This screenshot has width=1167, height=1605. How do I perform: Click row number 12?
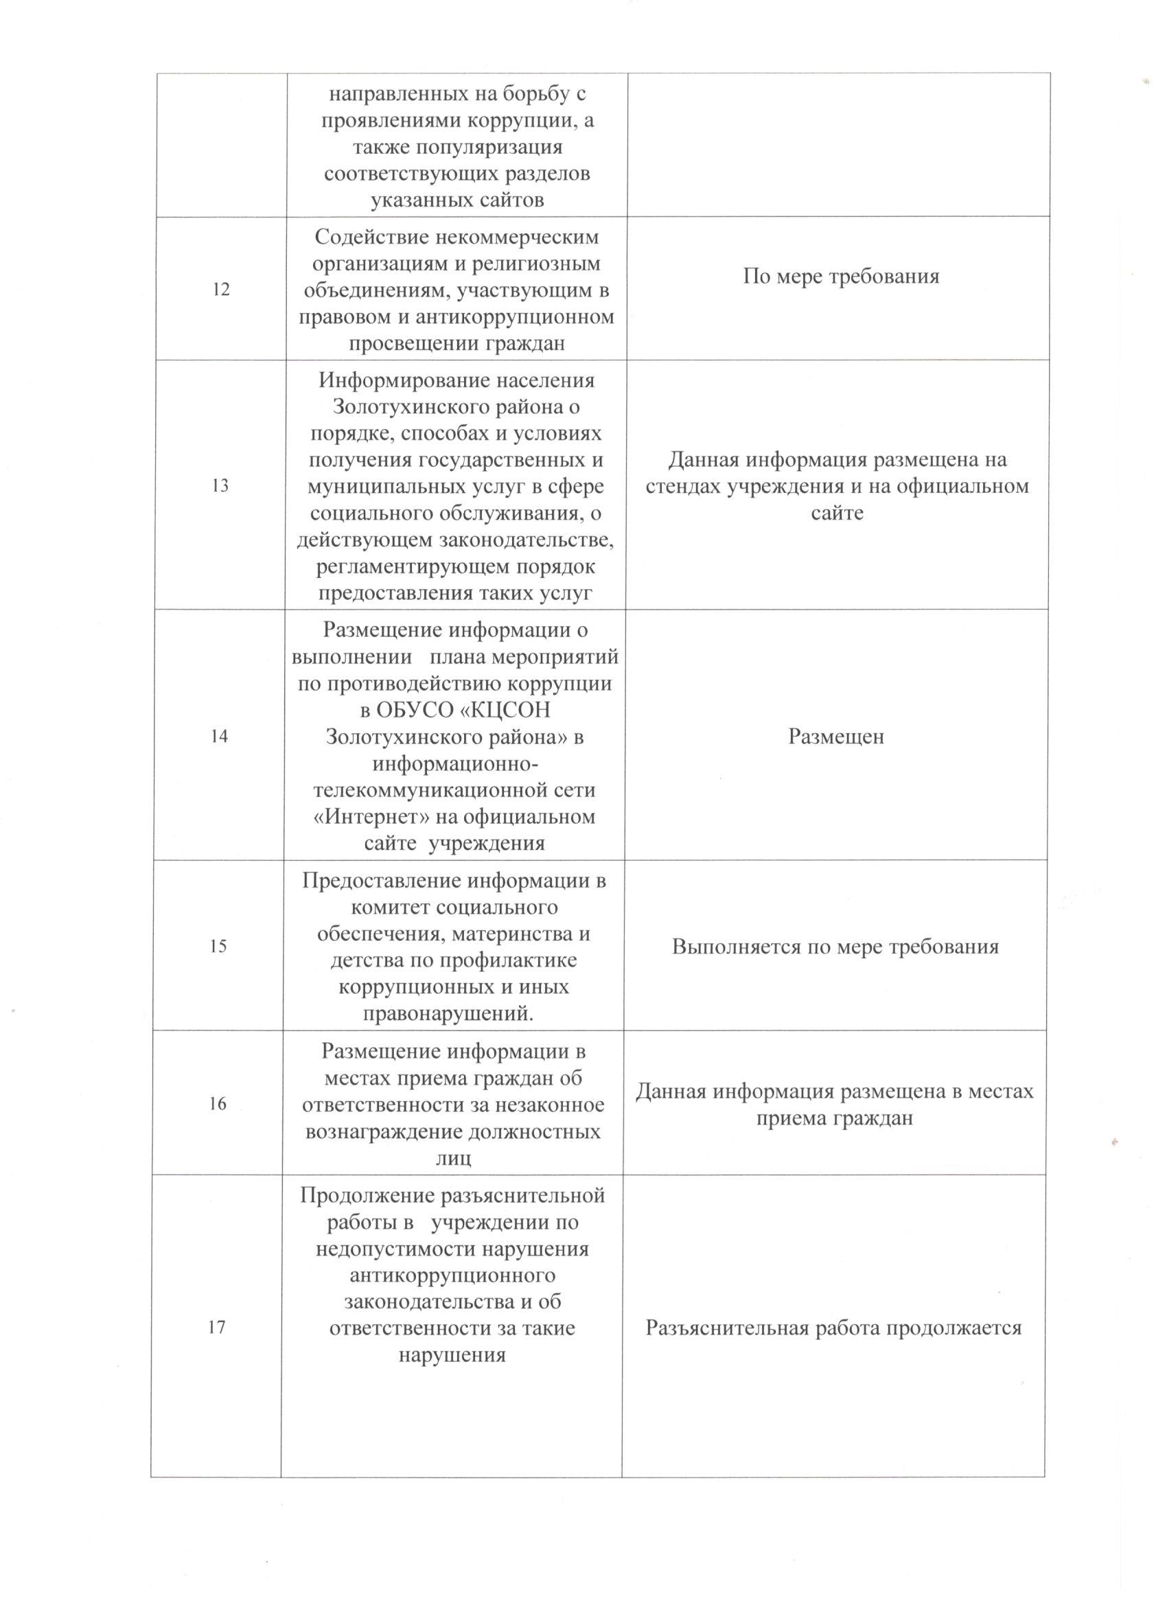tap(221, 290)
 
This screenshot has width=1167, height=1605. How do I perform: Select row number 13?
tap(220, 485)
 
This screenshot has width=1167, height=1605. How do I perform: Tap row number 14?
tap(220, 736)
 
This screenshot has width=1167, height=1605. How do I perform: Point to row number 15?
tap(219, 946)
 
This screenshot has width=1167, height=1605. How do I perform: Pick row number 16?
tap(219, 1103)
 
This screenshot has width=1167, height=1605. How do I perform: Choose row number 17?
tap(216, 1328)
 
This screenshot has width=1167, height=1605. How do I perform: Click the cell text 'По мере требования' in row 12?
tap(841, 276)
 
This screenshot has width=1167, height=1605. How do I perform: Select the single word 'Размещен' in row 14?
tap(836, 737)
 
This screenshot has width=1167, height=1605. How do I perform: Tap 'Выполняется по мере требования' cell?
tap(835, 946)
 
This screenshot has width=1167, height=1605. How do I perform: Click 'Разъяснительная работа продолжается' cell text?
tap(833, 1328)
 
